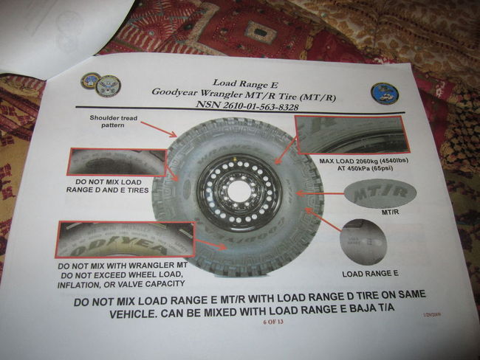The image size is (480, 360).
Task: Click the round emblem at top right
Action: tap(385, 94)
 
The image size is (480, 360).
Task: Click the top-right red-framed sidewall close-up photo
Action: tap(350, 134)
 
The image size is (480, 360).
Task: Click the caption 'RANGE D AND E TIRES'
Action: tap(109, 190)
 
